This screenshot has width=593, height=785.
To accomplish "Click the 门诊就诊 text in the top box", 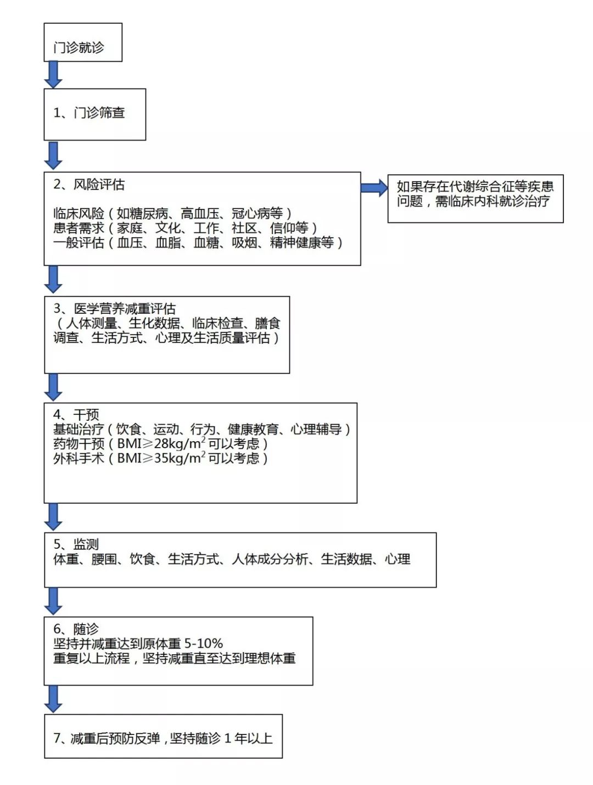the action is (x=79, y=47).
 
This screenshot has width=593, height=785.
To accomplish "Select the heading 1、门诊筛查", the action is (x=89, y=113).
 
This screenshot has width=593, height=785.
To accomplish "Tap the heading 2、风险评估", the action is (x=89, y=185).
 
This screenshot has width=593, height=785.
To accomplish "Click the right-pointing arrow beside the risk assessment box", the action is (x=374, y=188).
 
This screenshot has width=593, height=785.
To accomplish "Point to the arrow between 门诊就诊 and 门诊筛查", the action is (x=53, y=75).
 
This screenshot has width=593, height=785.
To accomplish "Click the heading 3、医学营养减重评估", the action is (x=114, y=309).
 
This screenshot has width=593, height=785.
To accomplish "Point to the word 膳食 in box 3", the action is (x=267, y=323).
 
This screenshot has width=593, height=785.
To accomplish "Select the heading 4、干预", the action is (x=76, y=415).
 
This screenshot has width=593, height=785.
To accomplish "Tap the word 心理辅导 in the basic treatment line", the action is (x=316, y=429).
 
